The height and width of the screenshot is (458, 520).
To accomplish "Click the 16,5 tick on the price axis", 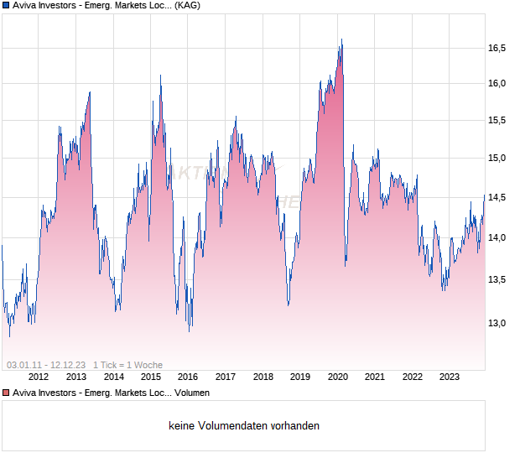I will (x=497, y=48).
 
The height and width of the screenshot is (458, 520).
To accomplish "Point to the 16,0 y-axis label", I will (x=497, y=83).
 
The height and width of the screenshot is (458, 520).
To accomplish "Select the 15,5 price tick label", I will (x=497, y=121).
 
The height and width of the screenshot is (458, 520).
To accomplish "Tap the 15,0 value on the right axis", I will (x=497, y=158).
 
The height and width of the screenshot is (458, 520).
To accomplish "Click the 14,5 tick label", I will (x=497, y=198).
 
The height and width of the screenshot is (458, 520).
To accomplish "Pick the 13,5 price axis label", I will (x=497, y=279).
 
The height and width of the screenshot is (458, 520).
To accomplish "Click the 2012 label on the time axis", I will (x=39, y=377).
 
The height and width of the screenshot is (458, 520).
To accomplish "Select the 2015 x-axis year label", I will (x=151, y=377).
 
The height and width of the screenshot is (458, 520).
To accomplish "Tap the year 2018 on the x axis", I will (x=263, y=377).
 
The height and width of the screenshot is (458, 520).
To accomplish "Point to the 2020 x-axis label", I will (x=338, y=377).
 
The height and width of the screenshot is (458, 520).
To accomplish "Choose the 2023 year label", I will (x=450, y=377).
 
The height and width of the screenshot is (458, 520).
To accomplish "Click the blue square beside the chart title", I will (x=6, y=5).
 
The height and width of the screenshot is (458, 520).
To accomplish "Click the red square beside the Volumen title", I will (x=6, y=393).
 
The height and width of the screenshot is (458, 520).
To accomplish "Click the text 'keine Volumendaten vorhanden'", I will (x=244, y=425).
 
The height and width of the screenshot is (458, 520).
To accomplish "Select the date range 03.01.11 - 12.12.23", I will (x=46, y=365).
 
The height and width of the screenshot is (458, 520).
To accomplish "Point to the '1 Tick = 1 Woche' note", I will (x=127, y=365).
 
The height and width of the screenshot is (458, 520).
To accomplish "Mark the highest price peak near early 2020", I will (x=341, y=39).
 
